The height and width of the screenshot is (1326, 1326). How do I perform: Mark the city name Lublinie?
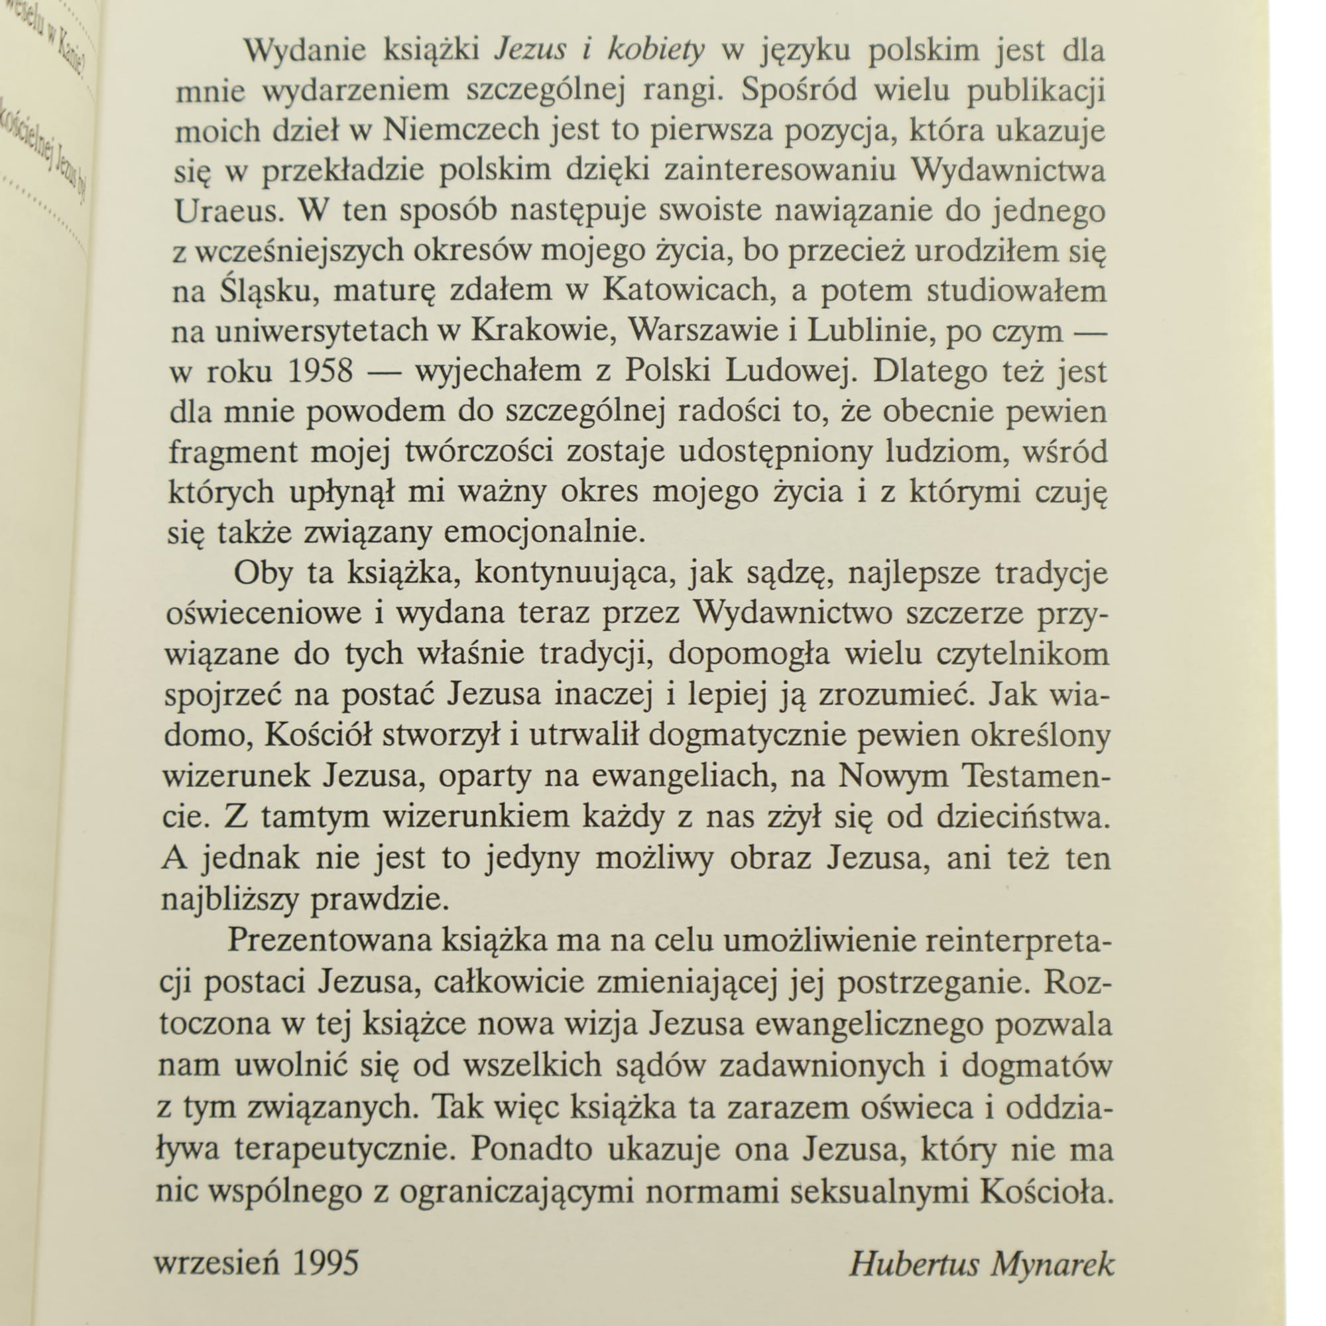pos(867,331)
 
